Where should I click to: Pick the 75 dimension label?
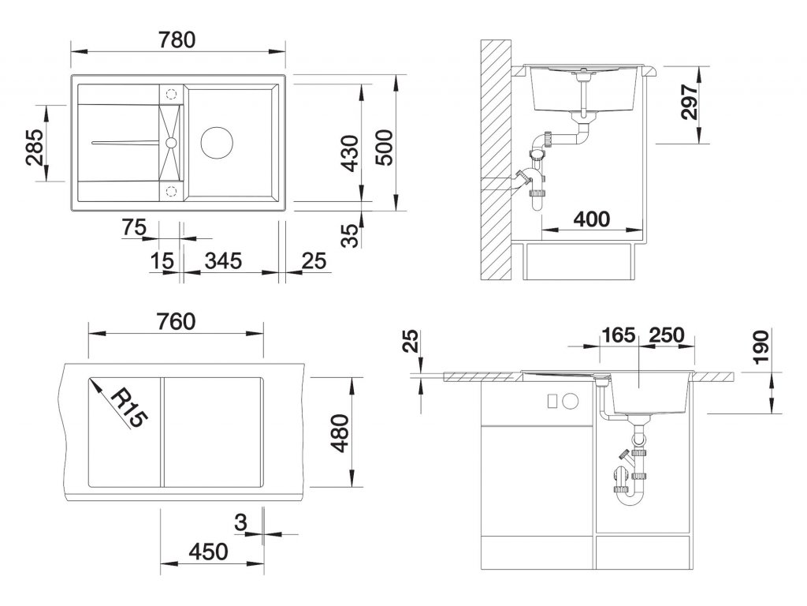tap(135, 227)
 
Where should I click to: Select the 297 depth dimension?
tap(690, 101)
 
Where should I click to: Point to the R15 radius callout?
tap(128, 406)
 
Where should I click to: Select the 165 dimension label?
tap(618, 334)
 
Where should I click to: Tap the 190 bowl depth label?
tap(760, 347)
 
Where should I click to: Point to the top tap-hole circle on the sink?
tap(171, 93)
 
